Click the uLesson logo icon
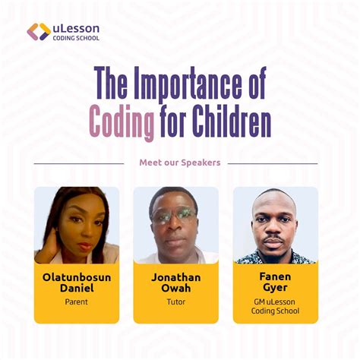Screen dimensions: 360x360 [x=39, y=32]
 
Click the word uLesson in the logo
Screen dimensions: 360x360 [x=76, y=27]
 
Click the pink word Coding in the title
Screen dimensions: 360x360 [x=116, y=120]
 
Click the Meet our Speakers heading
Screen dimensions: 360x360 [x=179, y=163]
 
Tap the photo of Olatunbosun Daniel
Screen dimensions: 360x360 [x=77, y=225]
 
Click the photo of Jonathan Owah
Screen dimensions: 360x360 [x=175, y=225]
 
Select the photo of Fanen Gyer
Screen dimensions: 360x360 [x=275, y=225]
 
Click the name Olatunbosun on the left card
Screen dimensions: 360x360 [x=77, y=277]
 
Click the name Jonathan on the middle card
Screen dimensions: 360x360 [x=175, y=277]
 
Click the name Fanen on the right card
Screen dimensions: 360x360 [x=275, y=277]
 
